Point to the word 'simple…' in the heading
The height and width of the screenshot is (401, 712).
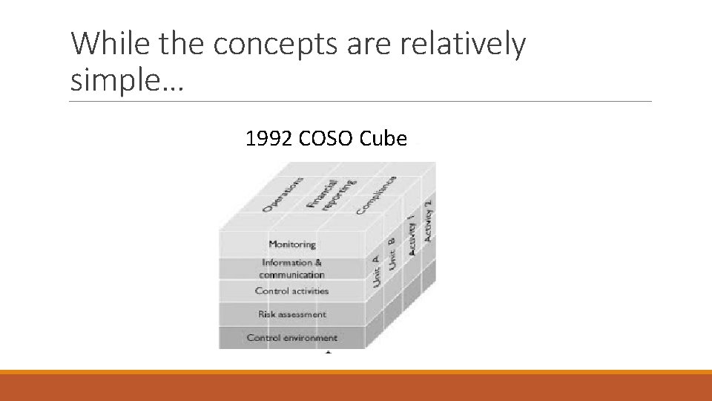pyautogui.click(x=126, y=79)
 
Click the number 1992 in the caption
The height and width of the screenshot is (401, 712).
pyautogui.click(x=269, y=138)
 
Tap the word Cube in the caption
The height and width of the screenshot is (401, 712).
pyautogui.click(x=383, y=138)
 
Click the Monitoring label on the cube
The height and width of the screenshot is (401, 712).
pyautogui.click(x=292, y=244)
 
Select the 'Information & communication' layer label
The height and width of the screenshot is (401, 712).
pyautogui.click(x=291, y=268)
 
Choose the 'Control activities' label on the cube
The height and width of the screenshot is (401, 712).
pyautogui.click(x=291, y=291)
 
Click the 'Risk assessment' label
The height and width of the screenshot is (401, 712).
pyautogui.click(x=291, y=314)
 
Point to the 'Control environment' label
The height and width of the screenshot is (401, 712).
pyautogui.click(x=291, y=338)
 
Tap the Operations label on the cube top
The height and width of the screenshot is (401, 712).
pyautogui.click(x=283, y=194)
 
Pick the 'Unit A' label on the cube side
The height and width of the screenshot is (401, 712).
pyautogui.click(x=377, y=272)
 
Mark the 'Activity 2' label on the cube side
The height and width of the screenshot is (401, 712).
pyautogui.click(x=428, y=220)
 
